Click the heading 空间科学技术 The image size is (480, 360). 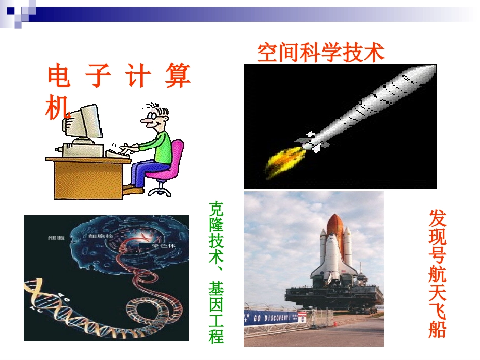pos(321,53)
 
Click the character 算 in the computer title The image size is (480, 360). pos(177,77)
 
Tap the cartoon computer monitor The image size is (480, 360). pos(83,123)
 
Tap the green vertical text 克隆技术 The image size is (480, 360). pos(216,232)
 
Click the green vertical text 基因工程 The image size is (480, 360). pos(216,313)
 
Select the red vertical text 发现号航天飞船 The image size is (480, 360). pos(438,273)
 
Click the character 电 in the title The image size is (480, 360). pos(59,77)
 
